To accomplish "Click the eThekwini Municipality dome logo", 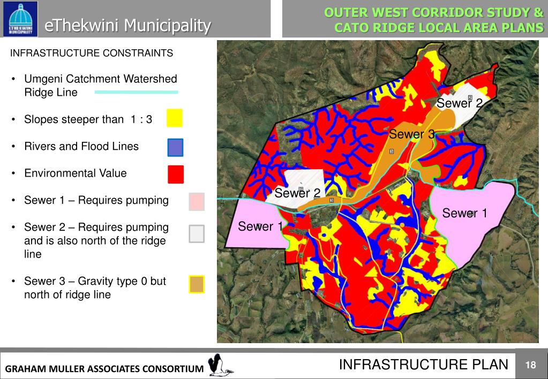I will tap(20, 19).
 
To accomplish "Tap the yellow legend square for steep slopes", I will tap(174, 118).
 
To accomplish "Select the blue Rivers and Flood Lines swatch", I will tap(175, 147).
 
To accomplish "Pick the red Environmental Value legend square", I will tap(175, 174).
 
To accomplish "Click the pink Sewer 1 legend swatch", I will tap(197, 202).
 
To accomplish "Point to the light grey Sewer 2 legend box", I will tap(197, 233).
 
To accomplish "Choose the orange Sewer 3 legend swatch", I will tap(197, 284).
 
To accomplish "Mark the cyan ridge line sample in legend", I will tap(136, 92).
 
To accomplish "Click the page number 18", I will tap(530, 365).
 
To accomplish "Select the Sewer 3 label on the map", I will tap(411, 134).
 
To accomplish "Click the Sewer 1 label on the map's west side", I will tap(260, 226).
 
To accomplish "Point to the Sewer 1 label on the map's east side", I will tap(464, 214).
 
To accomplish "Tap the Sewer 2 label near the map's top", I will tap(460, 103).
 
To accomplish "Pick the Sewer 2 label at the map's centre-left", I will tap(297, 193).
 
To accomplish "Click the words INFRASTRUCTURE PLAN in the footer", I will tap(423, 365).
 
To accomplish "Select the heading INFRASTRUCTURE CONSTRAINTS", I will tap(92, 53).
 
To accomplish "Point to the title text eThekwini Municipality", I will tap(127, 25).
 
